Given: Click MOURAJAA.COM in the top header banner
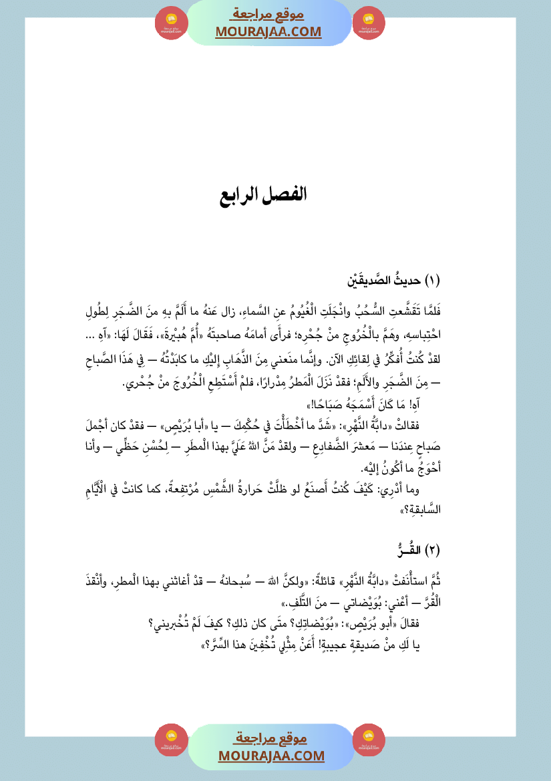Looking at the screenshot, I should [x=268, y=32].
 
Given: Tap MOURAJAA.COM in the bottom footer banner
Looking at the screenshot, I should [x=271, y=756].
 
